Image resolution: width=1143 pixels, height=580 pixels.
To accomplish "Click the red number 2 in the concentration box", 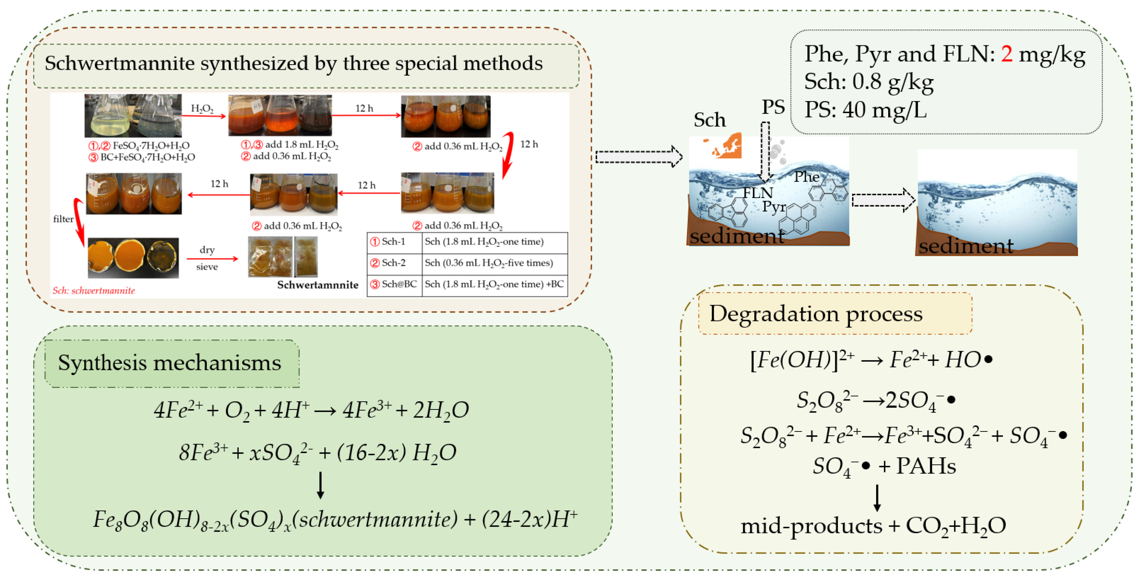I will tap(1006, 54).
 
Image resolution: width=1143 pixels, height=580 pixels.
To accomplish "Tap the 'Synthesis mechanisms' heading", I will tap(170, 363).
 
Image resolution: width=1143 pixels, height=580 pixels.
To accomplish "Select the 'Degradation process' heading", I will tap(816, 314).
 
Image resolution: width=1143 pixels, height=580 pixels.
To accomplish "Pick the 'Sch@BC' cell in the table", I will tap(394, 284).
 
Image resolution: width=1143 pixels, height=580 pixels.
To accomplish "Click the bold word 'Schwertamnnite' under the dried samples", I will tap(318, 285).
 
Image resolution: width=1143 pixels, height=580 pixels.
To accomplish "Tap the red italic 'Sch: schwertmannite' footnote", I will tap(94, 291).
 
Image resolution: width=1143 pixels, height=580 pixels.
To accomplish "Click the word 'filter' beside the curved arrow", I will tap(63, 219).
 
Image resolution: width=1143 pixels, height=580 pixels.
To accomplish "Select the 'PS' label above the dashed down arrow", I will tap(773, 107).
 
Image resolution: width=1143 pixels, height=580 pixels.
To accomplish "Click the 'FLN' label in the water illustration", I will tap(758, 193).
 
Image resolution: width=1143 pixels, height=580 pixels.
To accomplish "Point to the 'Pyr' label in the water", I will tap(774, 206).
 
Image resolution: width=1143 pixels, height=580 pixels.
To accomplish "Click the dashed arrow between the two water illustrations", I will tap(883, 200).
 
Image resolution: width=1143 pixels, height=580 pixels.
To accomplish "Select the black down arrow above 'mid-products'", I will tap(877, 498).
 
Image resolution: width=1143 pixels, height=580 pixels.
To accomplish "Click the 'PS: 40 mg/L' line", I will tap(865, 110).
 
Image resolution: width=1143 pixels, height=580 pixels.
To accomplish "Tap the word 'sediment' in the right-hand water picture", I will tap(966, 246).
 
